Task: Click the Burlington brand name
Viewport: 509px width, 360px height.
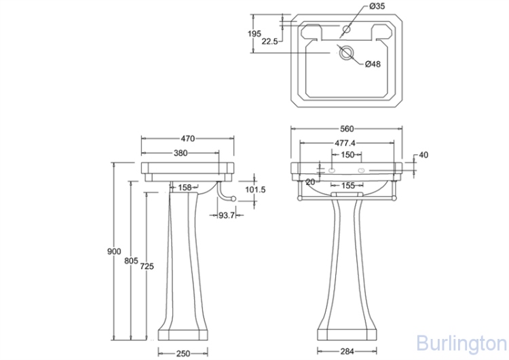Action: (x=462, y=343)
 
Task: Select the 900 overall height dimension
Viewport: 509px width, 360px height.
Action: (x=114, y=251)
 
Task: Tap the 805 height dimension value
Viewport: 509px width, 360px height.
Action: (x=131, y=261)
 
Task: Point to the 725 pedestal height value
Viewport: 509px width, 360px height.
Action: (x=147, y=266)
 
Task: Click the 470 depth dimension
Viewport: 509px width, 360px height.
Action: (x=187, y=139)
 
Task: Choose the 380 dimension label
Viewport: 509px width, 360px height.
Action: (x=181, y=153)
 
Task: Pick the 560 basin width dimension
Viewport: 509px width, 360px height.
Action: (x=347, y=129)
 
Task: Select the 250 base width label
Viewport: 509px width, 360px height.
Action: (x=183, y=353)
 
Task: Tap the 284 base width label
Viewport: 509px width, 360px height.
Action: (x=347, y=351)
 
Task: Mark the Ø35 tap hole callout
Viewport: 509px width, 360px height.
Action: (x=377, y=6)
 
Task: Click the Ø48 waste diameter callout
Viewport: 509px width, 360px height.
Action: (x=373, y=64)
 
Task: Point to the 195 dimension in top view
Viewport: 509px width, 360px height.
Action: (x=254, y=33)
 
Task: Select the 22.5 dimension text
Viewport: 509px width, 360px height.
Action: (x=269, y=41)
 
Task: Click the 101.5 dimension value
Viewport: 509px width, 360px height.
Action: (x=255, y=190)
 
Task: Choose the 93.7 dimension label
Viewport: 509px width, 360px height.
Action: (x=226, y=215)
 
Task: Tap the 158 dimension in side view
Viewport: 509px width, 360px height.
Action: (x=185, y=187)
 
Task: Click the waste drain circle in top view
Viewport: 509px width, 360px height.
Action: (x=347, y=52)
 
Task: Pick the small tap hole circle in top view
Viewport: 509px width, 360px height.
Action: (x=347, y=29)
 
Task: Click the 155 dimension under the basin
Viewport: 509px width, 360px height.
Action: (x=348, y=185)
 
